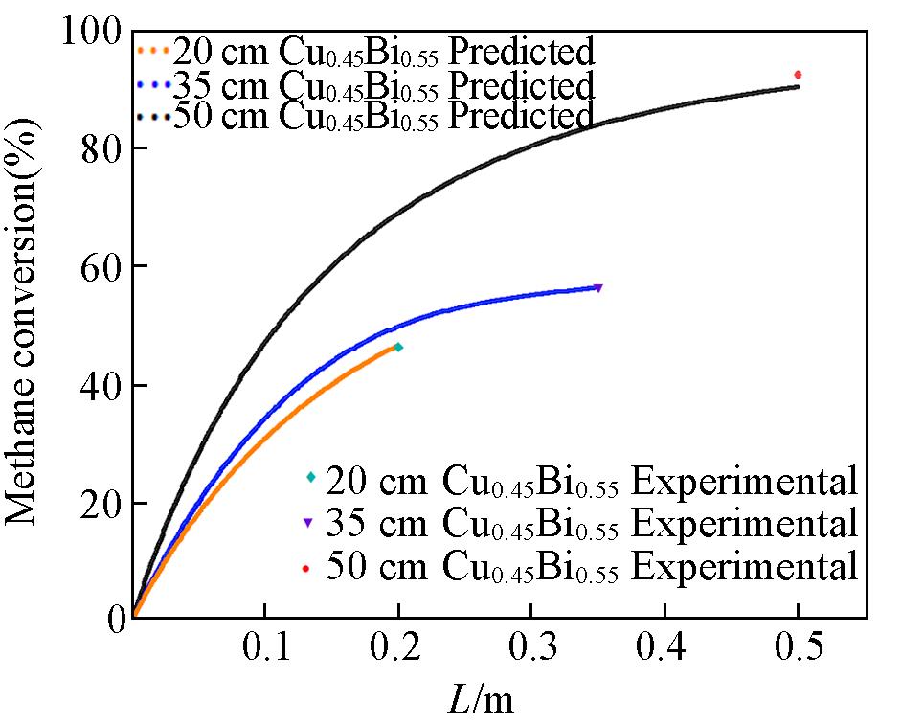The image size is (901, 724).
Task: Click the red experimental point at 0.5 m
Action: (x=798, y=75)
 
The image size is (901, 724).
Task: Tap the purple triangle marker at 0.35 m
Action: (x=598, y=287)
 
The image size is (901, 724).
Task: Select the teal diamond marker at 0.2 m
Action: (x=398, y=347)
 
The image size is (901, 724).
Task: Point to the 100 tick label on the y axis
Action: (x=92, y=32)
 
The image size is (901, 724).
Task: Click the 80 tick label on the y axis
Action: (x=100, y=148)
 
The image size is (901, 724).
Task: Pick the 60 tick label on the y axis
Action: (x=100, y=266)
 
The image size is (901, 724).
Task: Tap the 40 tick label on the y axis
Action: (x=100, y=385)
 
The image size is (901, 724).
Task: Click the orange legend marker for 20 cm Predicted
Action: (x=153, y=49)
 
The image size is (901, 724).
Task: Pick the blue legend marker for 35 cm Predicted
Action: (x=153, y=84)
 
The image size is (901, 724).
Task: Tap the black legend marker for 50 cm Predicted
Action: (x=153, y=117)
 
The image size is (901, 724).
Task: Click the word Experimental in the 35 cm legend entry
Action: (x=745, y=523)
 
